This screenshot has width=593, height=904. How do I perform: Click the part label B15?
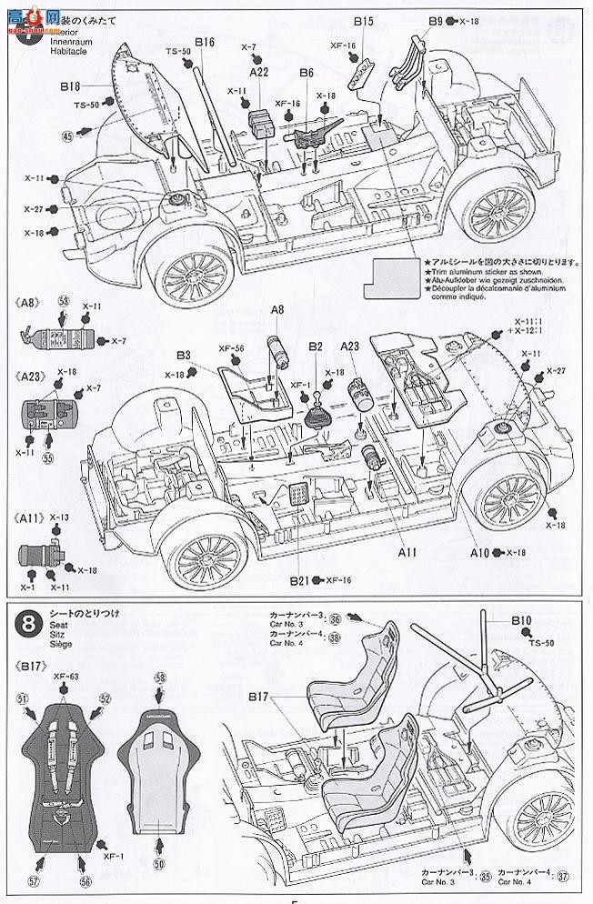pyautogui.click(x=364, y=20)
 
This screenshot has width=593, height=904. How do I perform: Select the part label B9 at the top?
pyautogui.click(x=436, y=20)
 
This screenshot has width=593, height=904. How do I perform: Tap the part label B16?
pyautogui.click(x=204, y=42)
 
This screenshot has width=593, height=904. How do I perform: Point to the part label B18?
pyautogui.click(x=72, y=86)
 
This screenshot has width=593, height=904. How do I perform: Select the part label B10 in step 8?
pyautogui.click(x=520, y=621)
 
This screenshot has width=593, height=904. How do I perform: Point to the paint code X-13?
pyautogui.click(x=60, y=517)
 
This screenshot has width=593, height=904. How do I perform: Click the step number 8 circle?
pyautogui.click(x=29, y=624)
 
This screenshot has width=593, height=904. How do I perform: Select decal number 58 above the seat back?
pyautogui.click(x=160, y=678)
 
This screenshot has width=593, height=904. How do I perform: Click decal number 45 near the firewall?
pyautogui.click(x=67, y=136)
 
